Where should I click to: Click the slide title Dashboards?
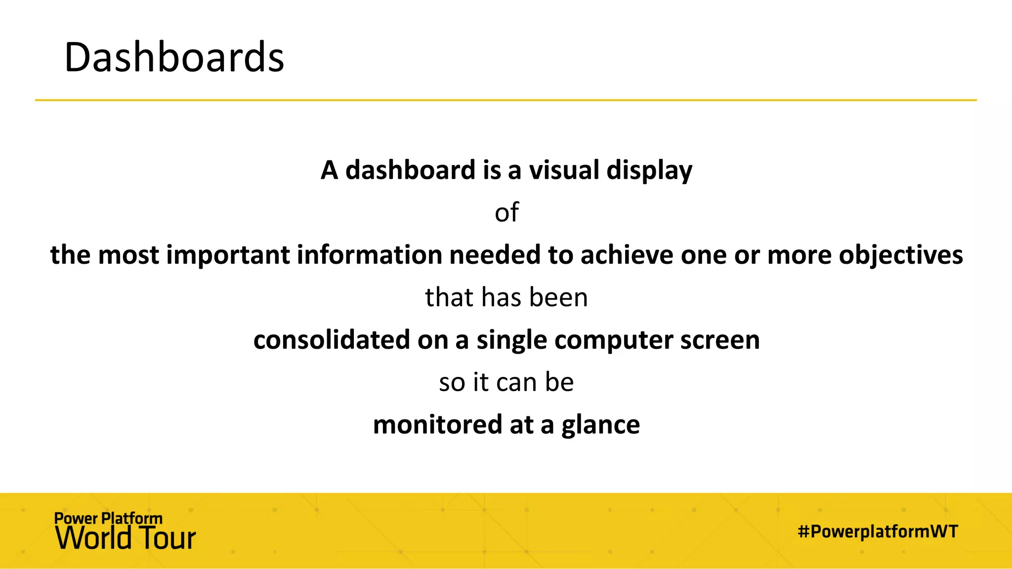coord(174,57)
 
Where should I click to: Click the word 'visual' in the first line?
coord(564,170)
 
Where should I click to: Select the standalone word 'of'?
coord(506,213)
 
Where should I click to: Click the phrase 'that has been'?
coord(506,298)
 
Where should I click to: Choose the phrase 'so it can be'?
coord(506,383)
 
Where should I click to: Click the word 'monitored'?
coord(437,425)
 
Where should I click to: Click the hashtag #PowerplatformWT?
coord(878,532)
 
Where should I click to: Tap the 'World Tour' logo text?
coord(126,538)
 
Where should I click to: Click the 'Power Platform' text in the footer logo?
coord(108,519)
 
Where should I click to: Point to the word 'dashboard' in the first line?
coord(410,170)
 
